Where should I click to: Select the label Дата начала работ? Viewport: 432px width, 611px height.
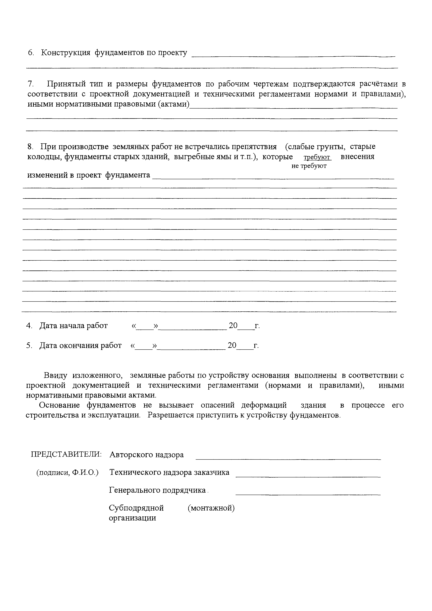pyautogui.click(x=73, y=326)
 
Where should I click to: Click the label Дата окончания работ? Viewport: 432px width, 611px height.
pyautogui.click(x=80, y=345)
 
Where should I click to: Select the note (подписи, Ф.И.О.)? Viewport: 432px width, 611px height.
pyautogui.click(x=67, y=473)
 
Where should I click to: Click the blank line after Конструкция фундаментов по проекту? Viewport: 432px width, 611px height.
pyautogui.click(x=293, y=55)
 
